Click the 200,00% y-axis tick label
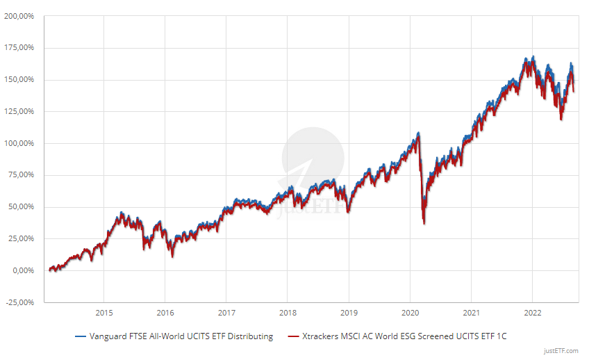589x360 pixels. pyautogui.click(x=24, y=16)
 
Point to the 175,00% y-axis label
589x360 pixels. pyautogui.click(x=24, y=48)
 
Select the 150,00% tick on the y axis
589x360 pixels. pyautogui.click(x=24, y=80)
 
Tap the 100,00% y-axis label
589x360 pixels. pyautogui.click(x=24, y=143)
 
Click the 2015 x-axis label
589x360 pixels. pyautogui.click(x=103, y=313)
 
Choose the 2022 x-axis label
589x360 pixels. pyautogui.click(x=533, y=313)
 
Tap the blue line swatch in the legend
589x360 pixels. pyautogui.click(x=80, y=336)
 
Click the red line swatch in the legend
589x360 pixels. pyautogui.click(x=291, y=336)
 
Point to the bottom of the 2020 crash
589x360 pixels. pyautogui.click(x=424, y=222)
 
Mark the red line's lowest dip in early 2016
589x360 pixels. pyautogui.click(x=172, y=256)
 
